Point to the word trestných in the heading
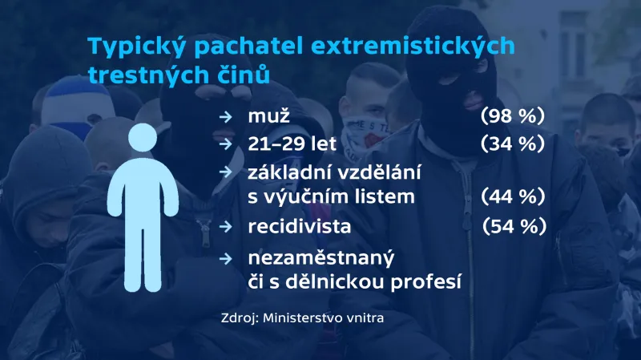140,75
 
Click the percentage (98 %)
513,117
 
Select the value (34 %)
513,144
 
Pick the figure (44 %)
513,196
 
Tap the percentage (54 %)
514,227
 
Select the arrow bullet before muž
228,118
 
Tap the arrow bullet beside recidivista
228,227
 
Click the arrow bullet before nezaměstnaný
228,258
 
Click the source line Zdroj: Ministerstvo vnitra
302,318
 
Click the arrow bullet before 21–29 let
228,144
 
